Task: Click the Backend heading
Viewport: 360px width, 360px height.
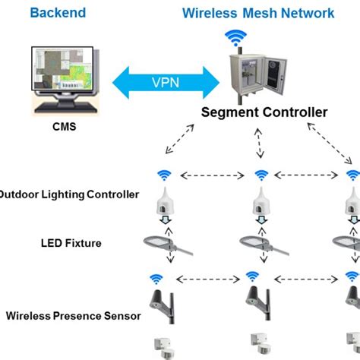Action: tap(58, 13)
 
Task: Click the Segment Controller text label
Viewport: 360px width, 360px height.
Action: tap(264, 113)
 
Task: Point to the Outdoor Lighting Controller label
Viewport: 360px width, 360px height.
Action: tap(68, 194)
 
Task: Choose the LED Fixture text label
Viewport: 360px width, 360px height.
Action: tap(71, 243)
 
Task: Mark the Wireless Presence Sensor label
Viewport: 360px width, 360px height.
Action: tap(73, 314)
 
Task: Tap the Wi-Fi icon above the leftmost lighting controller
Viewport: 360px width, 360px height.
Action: tap(164, 174)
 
